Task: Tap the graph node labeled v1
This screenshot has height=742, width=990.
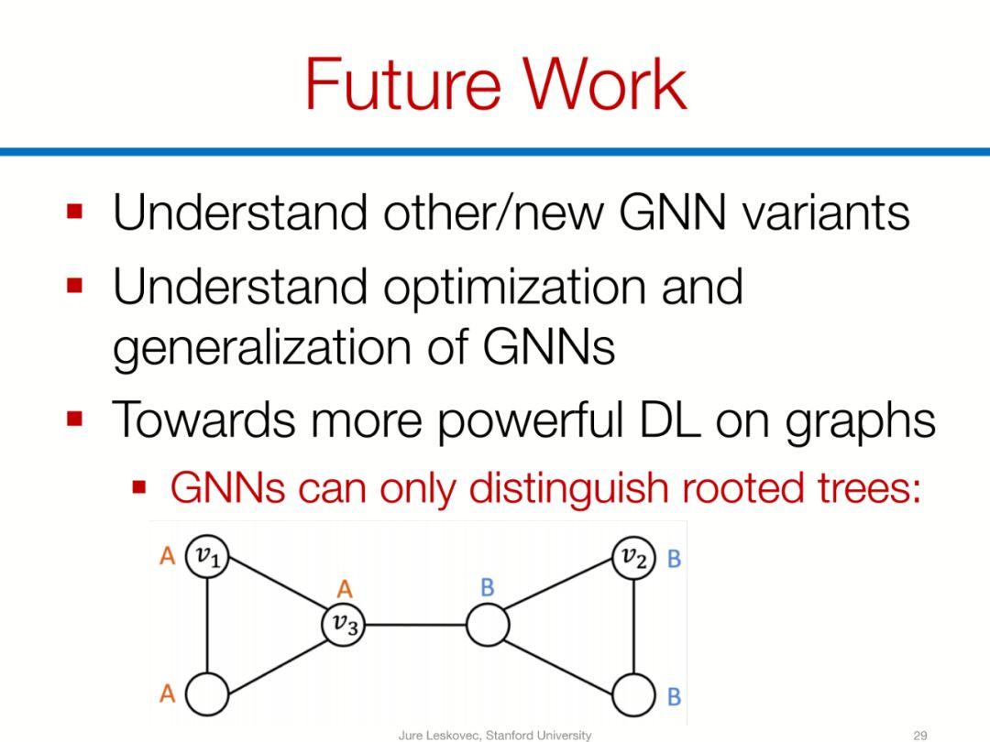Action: pos(208,556)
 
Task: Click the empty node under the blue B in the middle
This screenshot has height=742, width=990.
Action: pos(487,626)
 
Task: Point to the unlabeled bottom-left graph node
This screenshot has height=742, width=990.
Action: pos(208,696)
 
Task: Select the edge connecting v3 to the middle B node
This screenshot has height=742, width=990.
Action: pos(416,626)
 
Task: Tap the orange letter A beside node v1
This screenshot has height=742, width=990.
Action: pos(167,556)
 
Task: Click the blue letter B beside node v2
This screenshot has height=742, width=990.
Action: pos(674,558)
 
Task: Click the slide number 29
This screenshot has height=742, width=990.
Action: pos(920,735)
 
